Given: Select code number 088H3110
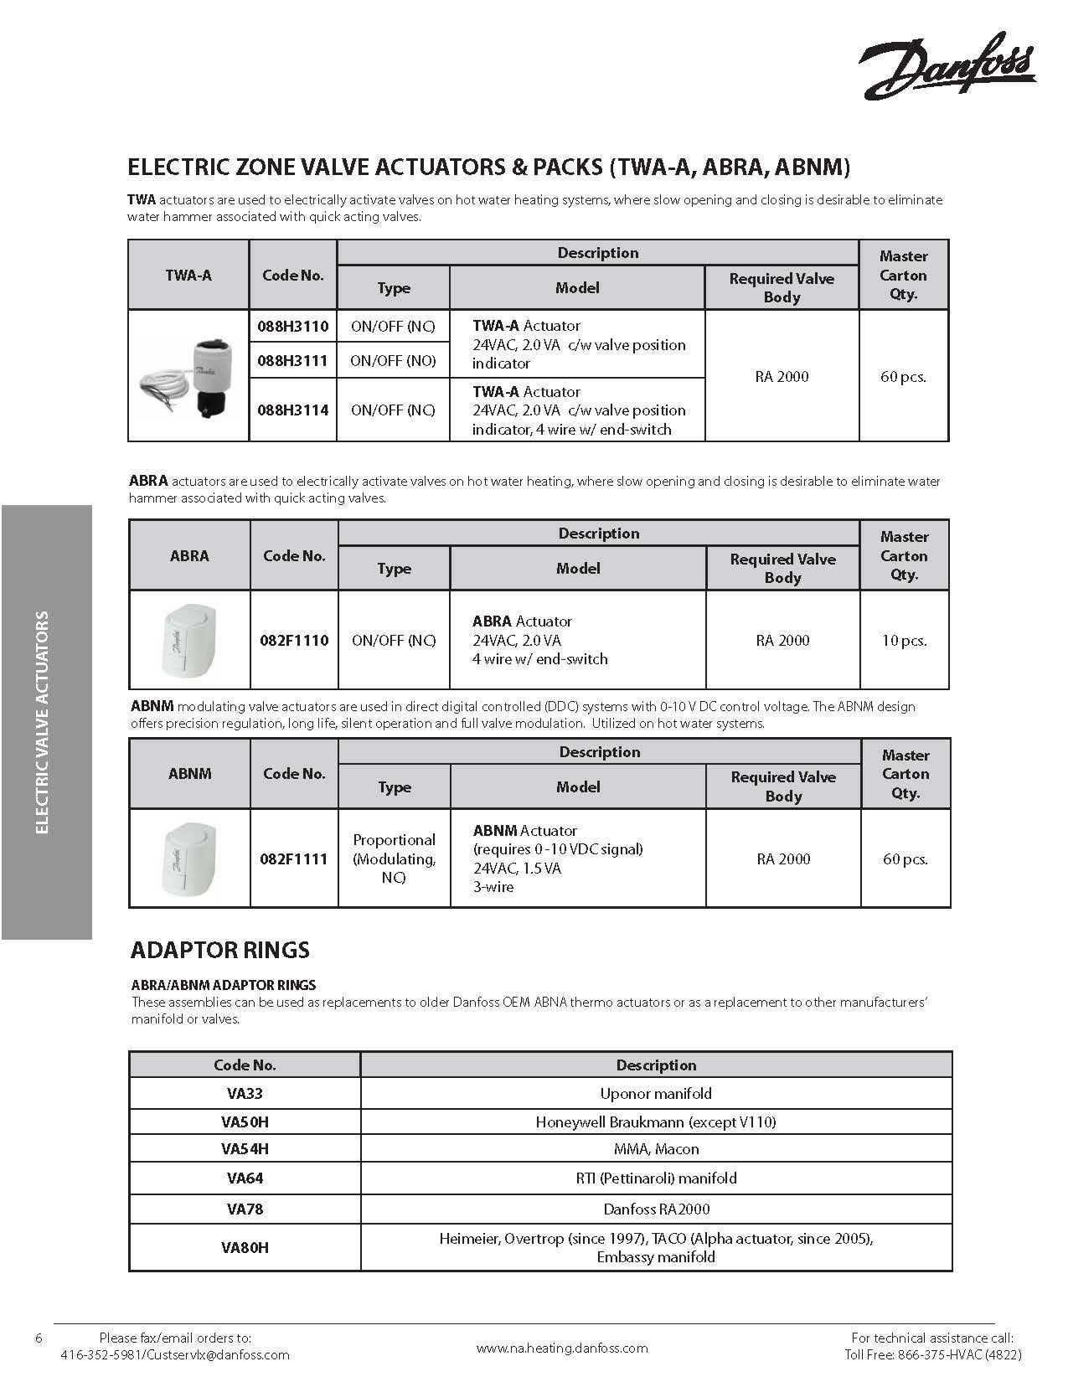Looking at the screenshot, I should coord(293,326).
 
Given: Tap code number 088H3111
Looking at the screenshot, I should coord(293,360).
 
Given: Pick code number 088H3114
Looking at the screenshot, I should coord(293,410).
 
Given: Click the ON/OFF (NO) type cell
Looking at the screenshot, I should coord(393,360).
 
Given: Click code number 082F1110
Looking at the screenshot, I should coord(294,640).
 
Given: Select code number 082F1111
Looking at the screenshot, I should coord(294,859).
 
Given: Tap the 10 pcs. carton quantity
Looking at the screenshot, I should coord(904,640).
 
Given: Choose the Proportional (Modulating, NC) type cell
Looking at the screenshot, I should coord(394,859).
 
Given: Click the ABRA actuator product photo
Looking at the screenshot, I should coord(190,640).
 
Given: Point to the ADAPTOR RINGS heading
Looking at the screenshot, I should coord(220,950).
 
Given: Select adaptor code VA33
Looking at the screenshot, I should coord(245,1093).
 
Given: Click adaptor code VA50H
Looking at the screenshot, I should coord(245,1122).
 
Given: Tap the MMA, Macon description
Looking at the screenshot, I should coord(656,1149).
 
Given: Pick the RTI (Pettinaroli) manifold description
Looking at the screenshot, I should coord(656,1178).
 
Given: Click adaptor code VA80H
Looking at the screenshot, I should coord(245,1247).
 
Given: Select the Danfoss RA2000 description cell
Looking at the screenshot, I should coord(656,1209).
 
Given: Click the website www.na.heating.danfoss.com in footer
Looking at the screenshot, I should coord(562,1348).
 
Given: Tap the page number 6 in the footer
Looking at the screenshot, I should coord(39,1338).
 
